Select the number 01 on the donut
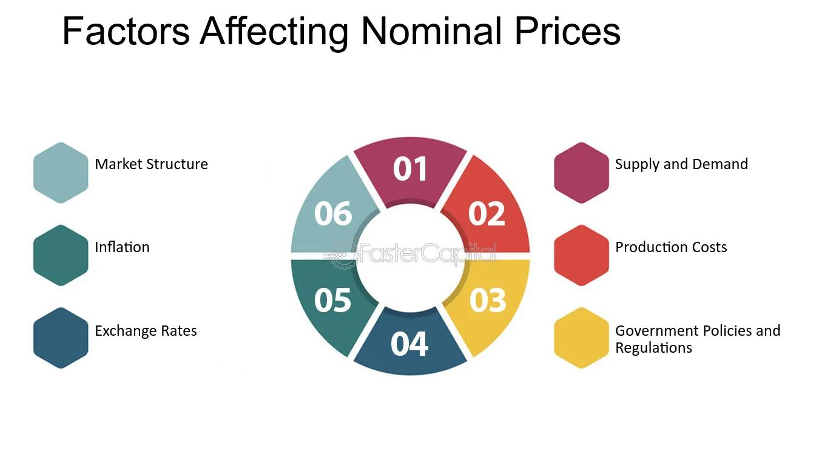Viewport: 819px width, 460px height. [x=410, y=170]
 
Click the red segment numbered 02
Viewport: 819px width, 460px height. [x=487, y=213]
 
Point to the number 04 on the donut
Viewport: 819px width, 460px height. [x=409, y=344]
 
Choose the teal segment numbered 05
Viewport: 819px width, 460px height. [x=332, y=300]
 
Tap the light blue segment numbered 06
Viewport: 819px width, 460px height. [x=332, y=213]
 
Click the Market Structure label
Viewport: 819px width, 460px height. [x=151, y=164]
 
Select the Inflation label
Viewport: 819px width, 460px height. [x=122, y=247]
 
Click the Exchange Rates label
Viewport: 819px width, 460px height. [x=146, y=331]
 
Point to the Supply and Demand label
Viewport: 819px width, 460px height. [x=681, y=164]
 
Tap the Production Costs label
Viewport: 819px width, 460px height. [x=671, y=247]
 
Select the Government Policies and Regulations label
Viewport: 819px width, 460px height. [x=698, y=339]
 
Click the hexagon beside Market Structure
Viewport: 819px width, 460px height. [x=61, y=173]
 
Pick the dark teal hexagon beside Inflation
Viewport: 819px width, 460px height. [x=61, y=255]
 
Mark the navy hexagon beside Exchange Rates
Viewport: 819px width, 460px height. [x=61, y=338]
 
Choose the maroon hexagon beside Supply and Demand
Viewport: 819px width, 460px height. [x=581, y=173]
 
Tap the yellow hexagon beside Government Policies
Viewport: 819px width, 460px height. [x=581, y=338]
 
